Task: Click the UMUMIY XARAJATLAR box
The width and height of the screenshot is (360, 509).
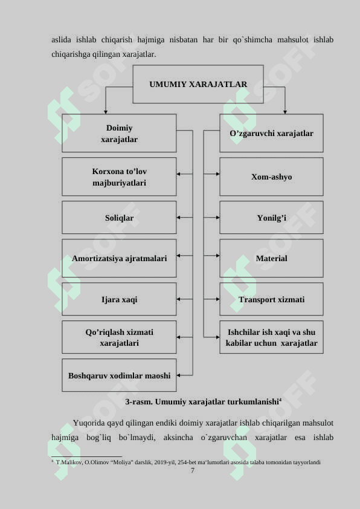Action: tap(198, 84)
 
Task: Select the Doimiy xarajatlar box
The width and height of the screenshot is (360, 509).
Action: tap(119, 133)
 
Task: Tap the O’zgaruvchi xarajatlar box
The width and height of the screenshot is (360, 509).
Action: tap(271, 133)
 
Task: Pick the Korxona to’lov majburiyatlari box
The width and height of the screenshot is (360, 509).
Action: tap(119, 177)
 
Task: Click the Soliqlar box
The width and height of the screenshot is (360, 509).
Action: tap(119, 218)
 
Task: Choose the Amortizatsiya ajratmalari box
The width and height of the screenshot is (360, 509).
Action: tap(119, 258)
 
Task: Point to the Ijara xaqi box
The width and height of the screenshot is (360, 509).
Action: tap(119, 299)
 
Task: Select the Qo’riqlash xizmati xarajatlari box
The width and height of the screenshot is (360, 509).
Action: tap(119, 337)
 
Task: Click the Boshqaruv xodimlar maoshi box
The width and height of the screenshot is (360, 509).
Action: tap(119, 375)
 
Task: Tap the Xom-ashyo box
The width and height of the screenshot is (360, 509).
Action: tap(271, 177)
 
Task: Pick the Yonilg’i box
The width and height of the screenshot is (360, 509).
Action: tap(271, 218)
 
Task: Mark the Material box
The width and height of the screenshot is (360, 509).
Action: tap(271, 258)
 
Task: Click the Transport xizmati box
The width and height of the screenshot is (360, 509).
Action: tap(271, 299)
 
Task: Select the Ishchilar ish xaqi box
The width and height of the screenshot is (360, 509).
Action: tap(271, 337)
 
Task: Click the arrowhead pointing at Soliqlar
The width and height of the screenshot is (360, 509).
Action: tap(178, 218)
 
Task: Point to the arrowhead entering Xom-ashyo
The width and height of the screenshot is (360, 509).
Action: tap(217, 174)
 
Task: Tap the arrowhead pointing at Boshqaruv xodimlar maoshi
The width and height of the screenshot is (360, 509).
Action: tap(178, 375)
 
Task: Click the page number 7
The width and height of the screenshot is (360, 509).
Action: tap(193, 470)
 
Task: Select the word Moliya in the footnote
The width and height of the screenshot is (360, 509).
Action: tap(122, 462)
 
